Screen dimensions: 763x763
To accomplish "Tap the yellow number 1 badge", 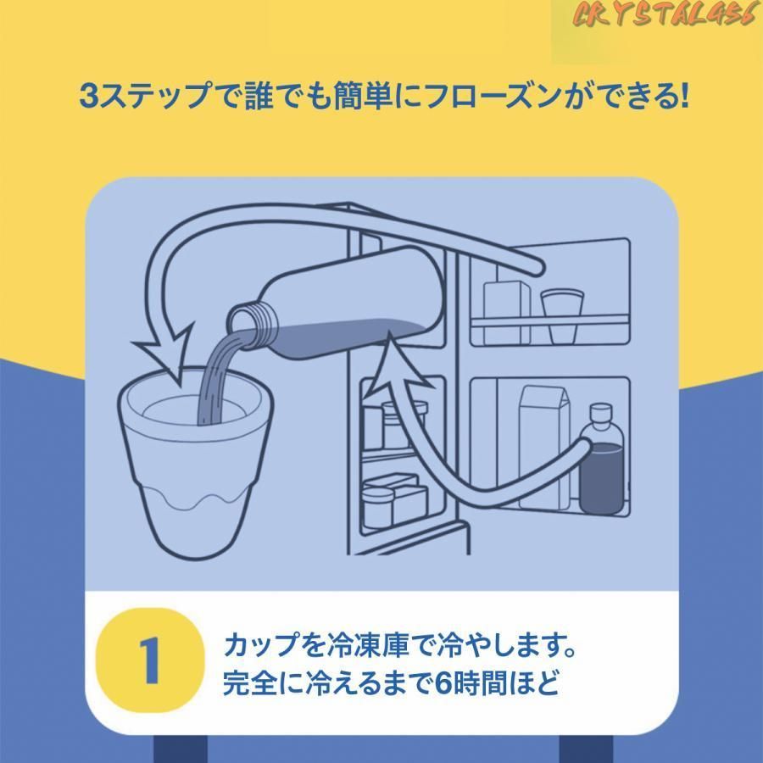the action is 150,660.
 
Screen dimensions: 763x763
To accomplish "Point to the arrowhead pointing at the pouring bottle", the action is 397,361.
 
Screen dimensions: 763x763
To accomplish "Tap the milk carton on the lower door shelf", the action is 544,447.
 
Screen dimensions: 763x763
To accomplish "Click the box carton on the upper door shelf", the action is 507,312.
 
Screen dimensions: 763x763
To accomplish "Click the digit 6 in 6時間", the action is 442,683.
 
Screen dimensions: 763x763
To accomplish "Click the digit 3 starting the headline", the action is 89,95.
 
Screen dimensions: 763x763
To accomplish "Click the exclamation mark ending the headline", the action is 684,95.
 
